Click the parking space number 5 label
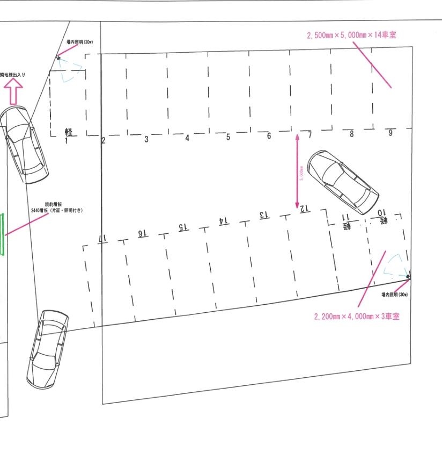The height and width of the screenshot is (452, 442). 228,138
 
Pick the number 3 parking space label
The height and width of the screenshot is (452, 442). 146,139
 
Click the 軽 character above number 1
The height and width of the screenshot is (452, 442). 69,133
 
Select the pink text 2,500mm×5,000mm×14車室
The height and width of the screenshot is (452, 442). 352,35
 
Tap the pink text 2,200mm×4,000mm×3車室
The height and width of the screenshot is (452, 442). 357,316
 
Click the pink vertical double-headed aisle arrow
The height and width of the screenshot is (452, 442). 297,172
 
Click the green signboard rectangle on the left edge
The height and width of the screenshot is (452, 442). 2,234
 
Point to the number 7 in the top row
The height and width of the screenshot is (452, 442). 310,135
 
